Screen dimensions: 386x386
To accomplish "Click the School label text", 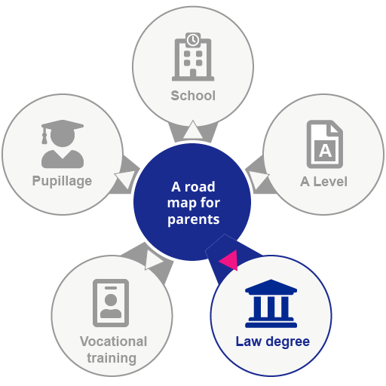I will (193, 96).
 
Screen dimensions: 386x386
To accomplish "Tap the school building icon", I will (193, 59).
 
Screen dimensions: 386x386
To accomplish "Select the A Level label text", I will (324, 182).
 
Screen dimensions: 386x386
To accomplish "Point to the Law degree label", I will (272, 342).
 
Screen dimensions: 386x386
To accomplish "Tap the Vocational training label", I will (113, 350).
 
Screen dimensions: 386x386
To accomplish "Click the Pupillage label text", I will (62, 181).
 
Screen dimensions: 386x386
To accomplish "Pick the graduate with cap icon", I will (62, 143).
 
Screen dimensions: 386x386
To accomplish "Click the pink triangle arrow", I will (228, 260).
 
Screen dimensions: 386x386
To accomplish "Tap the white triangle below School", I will (193, 130).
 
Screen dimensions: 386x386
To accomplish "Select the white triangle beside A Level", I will (258, 179).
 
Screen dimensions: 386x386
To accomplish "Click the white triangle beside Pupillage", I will (125, 179).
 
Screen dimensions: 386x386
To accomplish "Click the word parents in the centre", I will (193, 220).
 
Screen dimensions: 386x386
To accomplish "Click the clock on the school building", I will (193, 40).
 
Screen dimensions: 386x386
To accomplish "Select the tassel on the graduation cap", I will (45, 137).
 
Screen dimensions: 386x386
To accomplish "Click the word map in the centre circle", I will (180, 204).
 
